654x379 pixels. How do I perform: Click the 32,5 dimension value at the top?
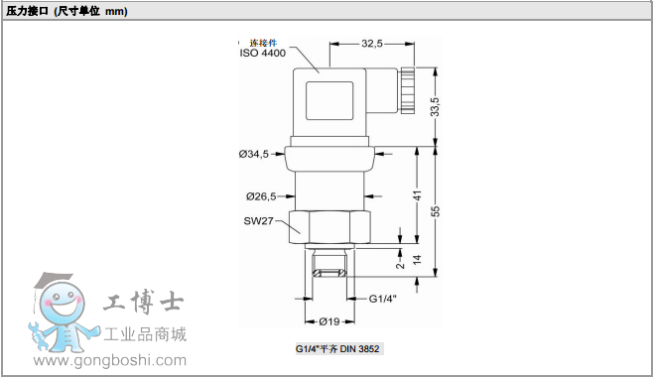[372, 43]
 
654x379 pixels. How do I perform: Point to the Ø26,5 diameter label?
[261, 195]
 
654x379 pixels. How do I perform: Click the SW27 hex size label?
[258, 221]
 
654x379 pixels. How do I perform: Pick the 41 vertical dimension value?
[418, 195]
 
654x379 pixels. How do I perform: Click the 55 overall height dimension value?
[435, 210]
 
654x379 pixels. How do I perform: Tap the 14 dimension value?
[418, 260]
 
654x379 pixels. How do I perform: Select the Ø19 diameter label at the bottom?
[328, 320]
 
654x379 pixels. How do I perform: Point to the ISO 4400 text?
[262, 54]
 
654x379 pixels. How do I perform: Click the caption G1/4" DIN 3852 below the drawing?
[337, 349]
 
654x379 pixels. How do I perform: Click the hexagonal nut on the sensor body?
[329, 225]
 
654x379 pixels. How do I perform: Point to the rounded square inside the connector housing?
[331, 102]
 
